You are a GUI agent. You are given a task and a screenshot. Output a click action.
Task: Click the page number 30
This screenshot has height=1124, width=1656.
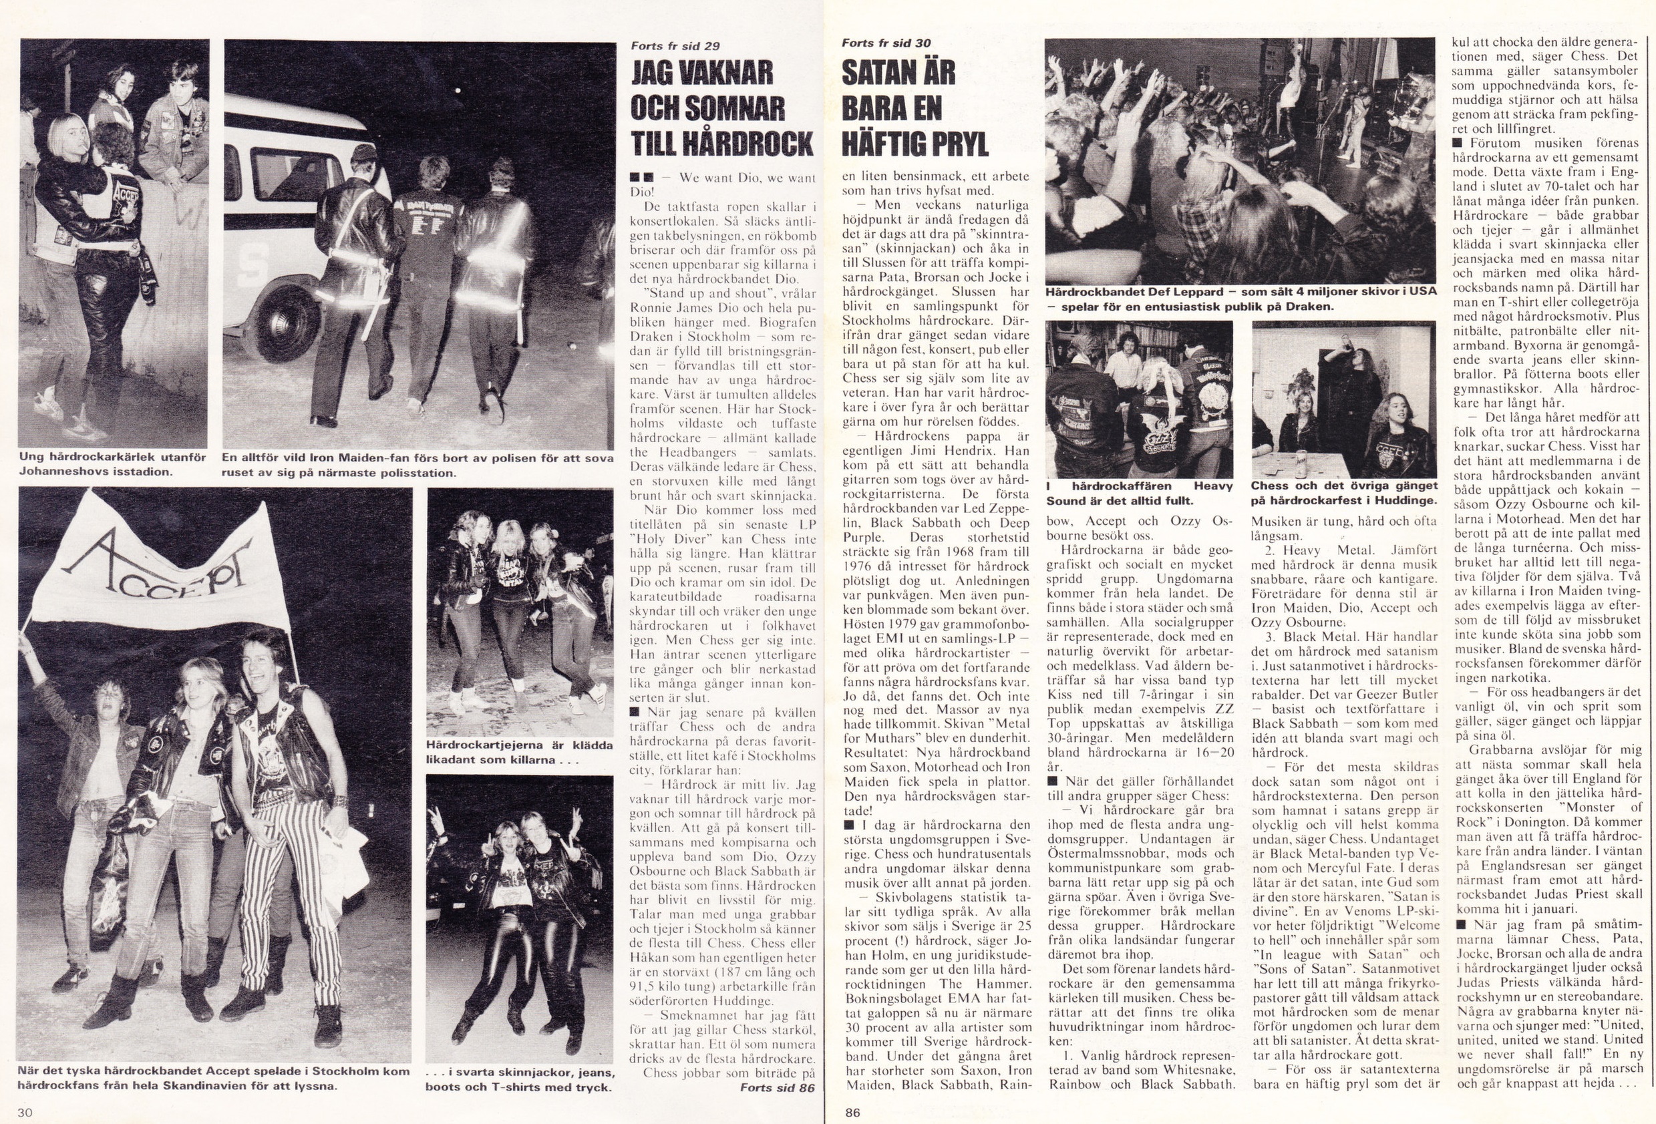pos(25,1113)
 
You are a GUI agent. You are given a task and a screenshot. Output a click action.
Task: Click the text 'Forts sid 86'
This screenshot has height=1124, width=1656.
pos(778,1088)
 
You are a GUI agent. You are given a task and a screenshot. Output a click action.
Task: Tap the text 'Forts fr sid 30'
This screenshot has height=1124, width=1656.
pos(886,43)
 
